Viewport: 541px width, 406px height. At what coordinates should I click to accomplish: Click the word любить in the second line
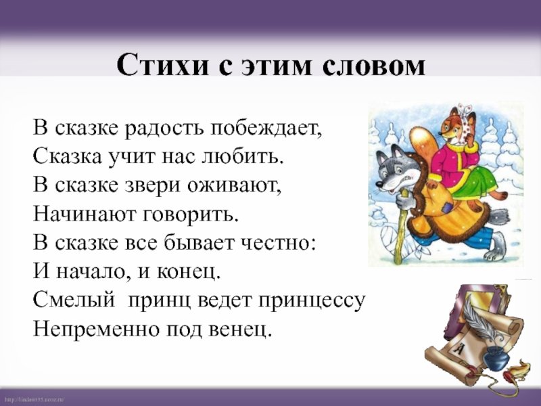pos(242,157)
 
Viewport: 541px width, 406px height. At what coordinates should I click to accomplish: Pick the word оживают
pos(235,185)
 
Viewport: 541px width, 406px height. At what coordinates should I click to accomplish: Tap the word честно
pos(278,243)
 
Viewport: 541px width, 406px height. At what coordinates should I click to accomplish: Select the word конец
pos(189,272)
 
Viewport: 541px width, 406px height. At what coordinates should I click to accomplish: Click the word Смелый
pos(74,300)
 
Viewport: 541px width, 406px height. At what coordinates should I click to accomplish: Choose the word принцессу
pos(312,301)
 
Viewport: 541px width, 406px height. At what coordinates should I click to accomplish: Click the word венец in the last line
pos(241,330)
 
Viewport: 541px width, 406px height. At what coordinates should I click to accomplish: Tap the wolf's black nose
pos(379,185)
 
